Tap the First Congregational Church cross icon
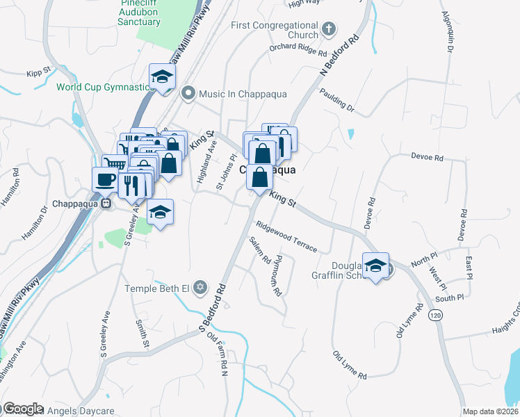[330, 29]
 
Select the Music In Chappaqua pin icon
[187, 93]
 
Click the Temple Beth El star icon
[200, 288]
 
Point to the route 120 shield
[435, 315]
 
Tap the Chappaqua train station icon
[106, 204]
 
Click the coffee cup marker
[106, 179]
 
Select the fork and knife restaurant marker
[130, 184]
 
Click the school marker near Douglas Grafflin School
[376, 265]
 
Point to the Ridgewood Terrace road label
[286, 237]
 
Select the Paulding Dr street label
[336, 100]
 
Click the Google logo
[23, 408]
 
